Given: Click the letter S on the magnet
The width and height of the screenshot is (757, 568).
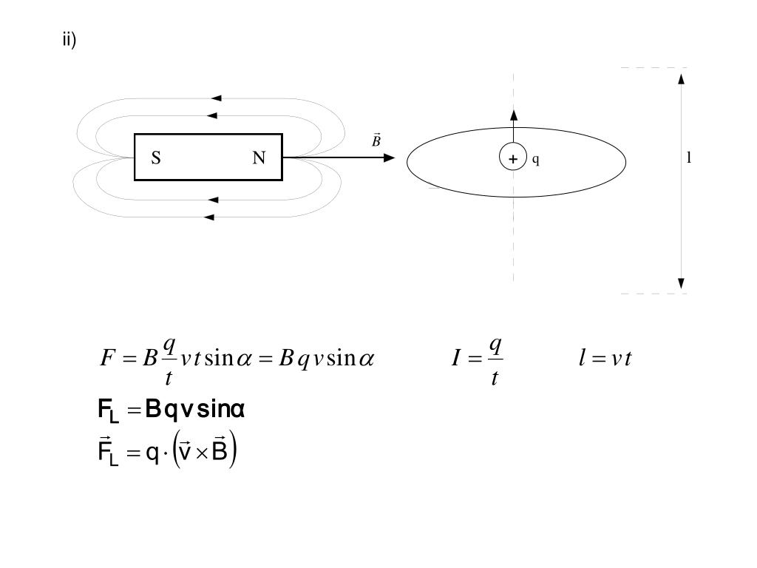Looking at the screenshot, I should [x=156, y=158].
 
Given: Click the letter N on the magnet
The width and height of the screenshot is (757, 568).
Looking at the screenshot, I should [x=259, y=158].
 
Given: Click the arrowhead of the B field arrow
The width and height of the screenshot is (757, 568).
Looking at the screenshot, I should [x=390, y=158].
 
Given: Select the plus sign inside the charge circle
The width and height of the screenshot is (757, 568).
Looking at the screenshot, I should [x=513, y=158].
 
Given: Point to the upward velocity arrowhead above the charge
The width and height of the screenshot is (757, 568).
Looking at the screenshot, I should [x=514, y=115].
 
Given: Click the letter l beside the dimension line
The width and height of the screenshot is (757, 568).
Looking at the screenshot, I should [x=689, y=158].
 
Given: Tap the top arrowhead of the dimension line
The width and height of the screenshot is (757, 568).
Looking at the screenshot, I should [x=681, y=78].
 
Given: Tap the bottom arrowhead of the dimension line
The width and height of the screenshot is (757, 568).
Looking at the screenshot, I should [x=681, y=284].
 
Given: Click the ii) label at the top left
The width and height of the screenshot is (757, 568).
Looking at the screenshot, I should [x=69, y=40].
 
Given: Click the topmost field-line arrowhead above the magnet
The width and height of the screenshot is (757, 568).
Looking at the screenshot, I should [x=216, y=98].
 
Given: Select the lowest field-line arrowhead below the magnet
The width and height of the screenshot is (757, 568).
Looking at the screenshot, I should [x=209, y=217].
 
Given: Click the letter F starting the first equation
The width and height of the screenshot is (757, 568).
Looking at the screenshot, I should [x=106, y=359].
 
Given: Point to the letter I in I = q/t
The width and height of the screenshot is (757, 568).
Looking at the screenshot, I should [x=458, y=359].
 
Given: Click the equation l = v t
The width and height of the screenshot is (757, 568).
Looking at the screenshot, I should [x=605, y=359].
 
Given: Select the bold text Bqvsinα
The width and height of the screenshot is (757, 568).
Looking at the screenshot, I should [x=195, y=409].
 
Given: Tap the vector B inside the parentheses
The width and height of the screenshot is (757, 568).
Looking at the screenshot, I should [x=219, y=452].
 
